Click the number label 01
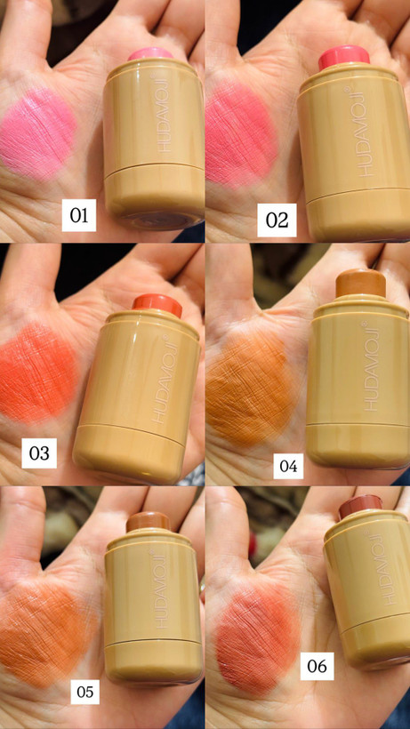(79, 215)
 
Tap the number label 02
(277, 220)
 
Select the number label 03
(39, 453)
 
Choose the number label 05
(85, 692)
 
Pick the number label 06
(317, 666)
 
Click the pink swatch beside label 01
(38, 134)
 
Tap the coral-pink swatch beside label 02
(241, 135)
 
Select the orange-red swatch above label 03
(38, 373)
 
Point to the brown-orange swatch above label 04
(251, 389)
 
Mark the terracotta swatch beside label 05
(46, 635)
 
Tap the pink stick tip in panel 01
(150, 53)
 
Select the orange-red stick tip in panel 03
(157, 306)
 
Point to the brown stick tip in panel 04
(361, 282)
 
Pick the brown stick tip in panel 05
(149, 522)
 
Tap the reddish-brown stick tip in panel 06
(360, 507)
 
